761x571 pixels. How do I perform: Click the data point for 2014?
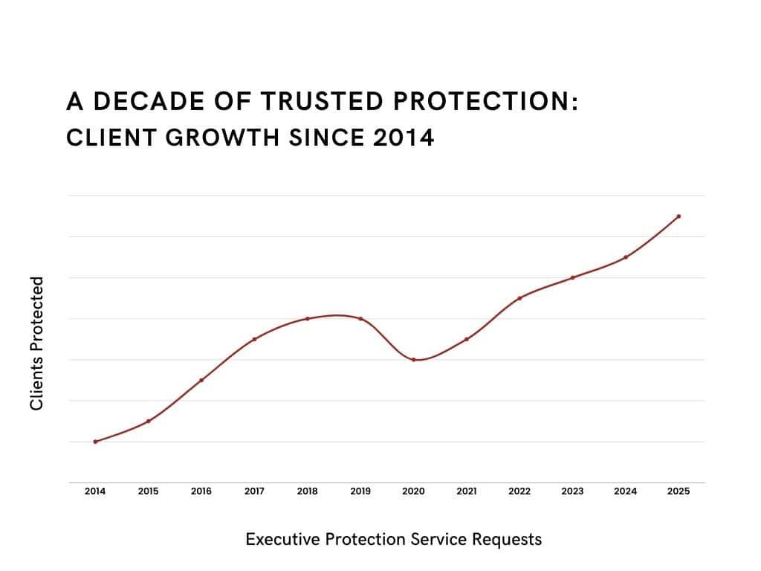95,442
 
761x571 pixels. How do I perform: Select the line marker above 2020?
413,360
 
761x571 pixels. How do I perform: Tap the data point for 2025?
679,216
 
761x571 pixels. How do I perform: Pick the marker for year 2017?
254,339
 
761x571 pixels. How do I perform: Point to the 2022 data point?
519,298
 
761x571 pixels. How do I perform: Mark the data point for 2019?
360,319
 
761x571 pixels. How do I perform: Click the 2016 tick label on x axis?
201,491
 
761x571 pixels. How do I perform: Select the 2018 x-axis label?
308,491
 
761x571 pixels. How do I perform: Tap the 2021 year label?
467,491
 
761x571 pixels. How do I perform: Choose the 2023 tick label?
572,491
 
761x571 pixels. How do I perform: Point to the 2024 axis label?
626,491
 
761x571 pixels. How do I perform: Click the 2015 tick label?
148,491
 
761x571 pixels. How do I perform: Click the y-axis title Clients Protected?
36,343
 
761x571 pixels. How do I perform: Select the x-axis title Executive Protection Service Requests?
393,539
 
